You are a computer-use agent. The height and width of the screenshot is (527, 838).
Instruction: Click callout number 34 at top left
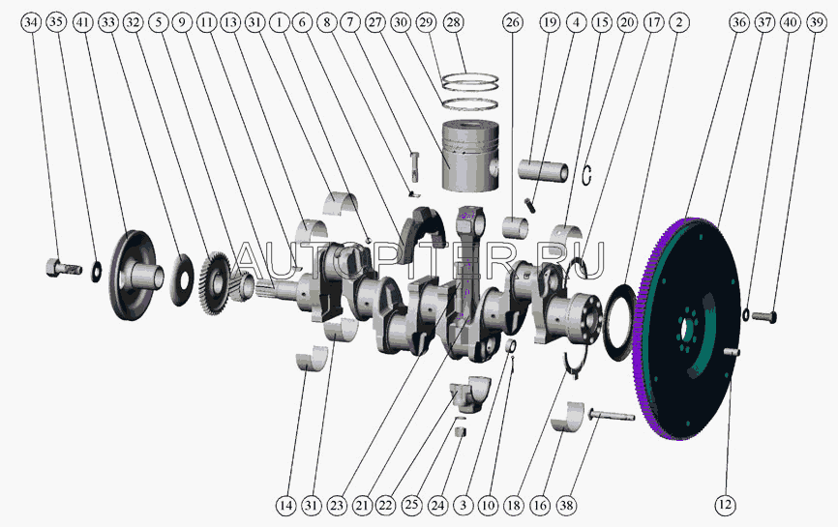pos(32,22)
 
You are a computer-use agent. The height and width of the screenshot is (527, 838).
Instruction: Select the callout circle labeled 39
pos(815,22)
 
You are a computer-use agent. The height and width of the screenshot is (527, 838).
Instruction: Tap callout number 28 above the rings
pos(454,22)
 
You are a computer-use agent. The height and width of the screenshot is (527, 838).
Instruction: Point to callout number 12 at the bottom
pos(725,505)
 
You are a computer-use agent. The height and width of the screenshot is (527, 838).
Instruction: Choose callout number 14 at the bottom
pos(285,505)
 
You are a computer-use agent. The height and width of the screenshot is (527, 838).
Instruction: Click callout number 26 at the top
pos(512,22)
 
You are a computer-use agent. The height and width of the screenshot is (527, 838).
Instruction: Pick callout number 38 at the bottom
pos(567,505)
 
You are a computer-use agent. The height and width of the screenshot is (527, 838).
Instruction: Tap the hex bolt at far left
pos(63,267)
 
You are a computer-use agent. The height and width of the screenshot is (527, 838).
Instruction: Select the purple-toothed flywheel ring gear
pos(686,329)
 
